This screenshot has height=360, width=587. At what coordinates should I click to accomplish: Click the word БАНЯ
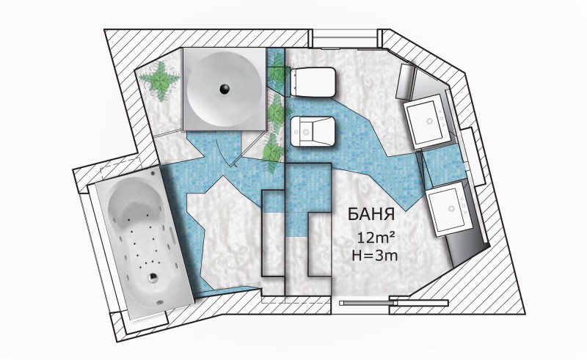tap(371, 214)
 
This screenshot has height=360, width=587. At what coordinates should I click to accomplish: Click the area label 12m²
tap(376, 238)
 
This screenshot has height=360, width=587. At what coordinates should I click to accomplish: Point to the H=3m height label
tap(375, 256)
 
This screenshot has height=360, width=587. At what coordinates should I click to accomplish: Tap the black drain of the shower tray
tap(225, 89)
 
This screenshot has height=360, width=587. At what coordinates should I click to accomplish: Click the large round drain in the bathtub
tap(153, 277)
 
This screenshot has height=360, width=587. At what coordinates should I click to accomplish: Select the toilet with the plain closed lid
tap(313, 82)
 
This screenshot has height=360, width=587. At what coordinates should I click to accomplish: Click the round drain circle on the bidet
tap(307, 132)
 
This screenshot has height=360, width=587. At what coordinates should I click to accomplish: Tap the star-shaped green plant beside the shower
tap(160, 81)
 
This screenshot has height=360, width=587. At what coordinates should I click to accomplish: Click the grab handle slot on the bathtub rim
tap(173, 237)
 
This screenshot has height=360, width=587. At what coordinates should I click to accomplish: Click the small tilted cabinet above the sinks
tap(406, 81)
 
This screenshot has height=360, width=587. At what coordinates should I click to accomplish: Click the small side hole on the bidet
tap(296, 132)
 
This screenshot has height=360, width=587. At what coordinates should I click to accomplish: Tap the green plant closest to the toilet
tap(278, 71)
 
